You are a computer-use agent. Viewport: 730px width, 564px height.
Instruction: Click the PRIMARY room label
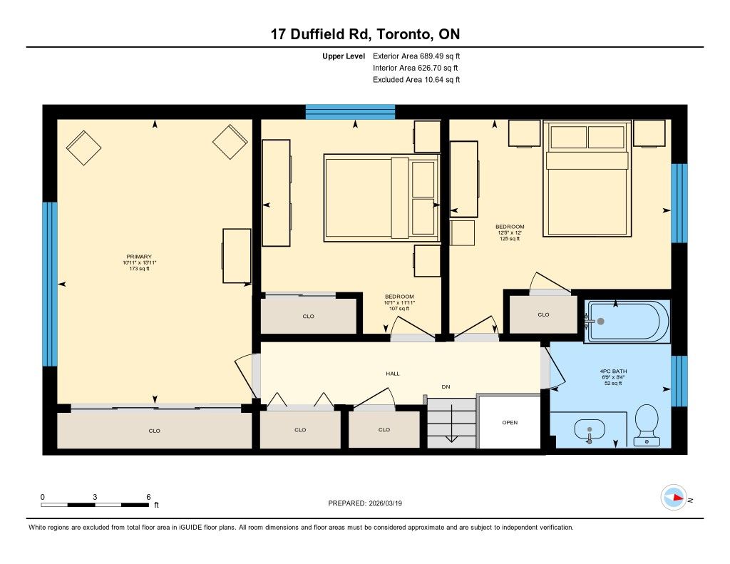(x=139, y=257)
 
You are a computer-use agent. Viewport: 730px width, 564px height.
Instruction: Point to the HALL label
(x=393, y=374)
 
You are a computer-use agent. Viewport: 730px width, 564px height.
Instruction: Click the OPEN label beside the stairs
(x=510, y=422)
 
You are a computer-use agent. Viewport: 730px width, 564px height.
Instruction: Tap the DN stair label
(x=446, y=386)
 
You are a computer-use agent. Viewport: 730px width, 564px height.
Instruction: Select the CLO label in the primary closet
(x=154, y=431)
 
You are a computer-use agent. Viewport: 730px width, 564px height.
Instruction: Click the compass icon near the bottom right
(x=674, y=498)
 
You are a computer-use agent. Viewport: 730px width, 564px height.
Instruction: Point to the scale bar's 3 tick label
(x=95, y=497)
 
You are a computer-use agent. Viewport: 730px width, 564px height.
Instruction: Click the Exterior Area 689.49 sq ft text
(x=416, y=56)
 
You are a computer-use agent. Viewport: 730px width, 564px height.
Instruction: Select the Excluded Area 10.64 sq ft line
(x=416, y=80)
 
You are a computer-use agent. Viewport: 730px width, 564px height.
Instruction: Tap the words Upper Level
(x=344, y=56)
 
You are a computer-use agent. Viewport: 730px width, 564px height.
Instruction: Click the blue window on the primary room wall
(x=50, y=284)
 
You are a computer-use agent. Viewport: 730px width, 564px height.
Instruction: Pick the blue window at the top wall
(x=350, y=112)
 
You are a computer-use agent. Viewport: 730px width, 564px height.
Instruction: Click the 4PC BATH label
(x=613, y=371)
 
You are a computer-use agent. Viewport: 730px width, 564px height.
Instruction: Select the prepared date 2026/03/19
(x=386, y=503)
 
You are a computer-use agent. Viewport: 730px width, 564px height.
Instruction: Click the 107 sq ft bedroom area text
(x=399, y=308)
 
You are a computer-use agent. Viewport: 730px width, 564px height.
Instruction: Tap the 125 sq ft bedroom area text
(x=510, y=238)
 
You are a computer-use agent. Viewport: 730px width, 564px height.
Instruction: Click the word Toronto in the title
(x=403, y=34)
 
